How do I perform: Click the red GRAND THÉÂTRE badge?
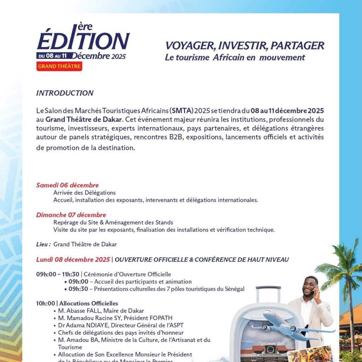[59, 66]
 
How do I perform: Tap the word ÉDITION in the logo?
[83, 41]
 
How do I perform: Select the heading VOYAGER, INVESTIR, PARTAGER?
[245, 46]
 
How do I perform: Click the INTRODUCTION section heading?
[65, 93]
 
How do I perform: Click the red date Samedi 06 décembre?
[67, 185]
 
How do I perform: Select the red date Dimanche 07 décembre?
[71, 215]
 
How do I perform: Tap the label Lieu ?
[43, 244]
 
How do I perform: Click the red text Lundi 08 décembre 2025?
[73, 259]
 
